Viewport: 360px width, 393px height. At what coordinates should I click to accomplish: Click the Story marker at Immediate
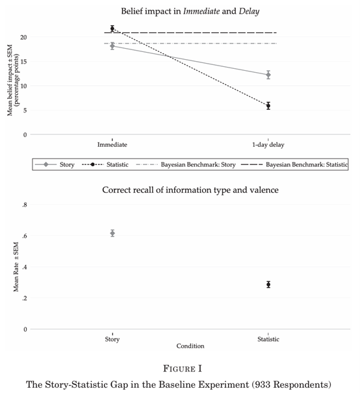tap(112, 46)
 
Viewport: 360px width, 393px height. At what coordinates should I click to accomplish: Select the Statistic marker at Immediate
tap(112, 29)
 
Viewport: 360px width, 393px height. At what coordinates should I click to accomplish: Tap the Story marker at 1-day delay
tap(268, 75)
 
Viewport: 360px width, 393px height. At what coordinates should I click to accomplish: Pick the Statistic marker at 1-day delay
tap(268, 106)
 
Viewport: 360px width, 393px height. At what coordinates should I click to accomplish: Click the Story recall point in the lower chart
tap(112, 233)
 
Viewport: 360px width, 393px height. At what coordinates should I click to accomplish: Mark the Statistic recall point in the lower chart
tap(268, 285)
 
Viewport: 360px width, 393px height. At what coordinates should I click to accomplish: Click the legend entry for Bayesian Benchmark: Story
tap(186, 164)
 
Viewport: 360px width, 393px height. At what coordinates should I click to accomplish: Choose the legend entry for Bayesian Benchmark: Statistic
tap(294, 164)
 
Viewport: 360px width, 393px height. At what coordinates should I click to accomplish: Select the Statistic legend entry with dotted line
tap(105, 164)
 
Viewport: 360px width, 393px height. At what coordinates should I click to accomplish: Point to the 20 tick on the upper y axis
tap(23, 37)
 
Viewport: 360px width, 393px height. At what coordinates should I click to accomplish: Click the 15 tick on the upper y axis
tap(23, 62)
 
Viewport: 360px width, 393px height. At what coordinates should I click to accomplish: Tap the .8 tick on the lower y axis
tap(24, 205)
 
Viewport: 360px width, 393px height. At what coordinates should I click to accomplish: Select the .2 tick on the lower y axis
tap(24, 299)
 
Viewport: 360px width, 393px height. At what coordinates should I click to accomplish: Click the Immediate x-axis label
tap(112, 145)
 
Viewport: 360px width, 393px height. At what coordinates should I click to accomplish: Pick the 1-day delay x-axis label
tap(268, 145)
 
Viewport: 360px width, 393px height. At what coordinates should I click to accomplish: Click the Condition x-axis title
tap(190, 346)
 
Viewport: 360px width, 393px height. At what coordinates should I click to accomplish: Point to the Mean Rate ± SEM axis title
tap(16, 267)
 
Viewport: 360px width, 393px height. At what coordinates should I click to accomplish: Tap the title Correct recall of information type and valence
tap(190, 190)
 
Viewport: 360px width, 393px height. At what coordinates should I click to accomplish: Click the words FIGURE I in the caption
tap(183, 369)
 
